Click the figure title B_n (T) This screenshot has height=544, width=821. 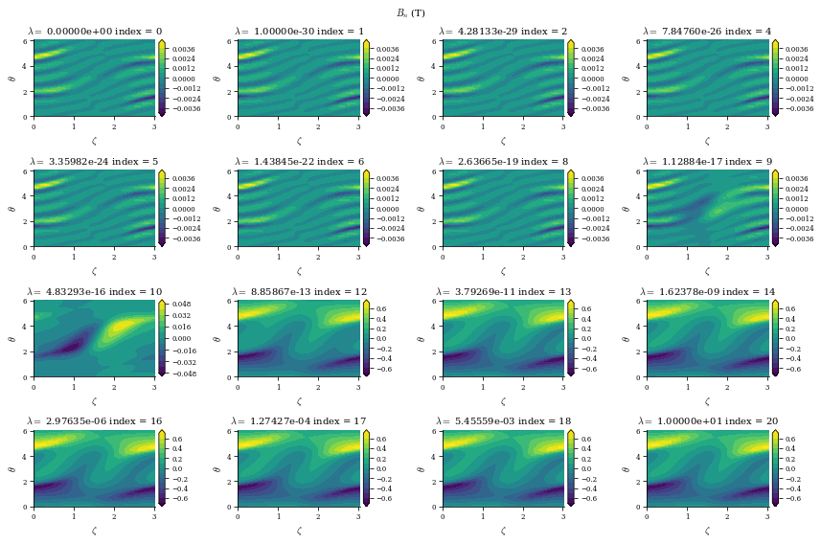(x=411, y=12)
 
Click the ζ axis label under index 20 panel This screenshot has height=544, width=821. (x=707, y=530)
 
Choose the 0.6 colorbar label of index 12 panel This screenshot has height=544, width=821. (x=379, y=309)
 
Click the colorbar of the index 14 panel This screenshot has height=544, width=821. (x=773, y=338)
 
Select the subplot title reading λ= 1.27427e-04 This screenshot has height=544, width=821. (x=299, y=421)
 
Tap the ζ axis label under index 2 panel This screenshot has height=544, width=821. (x=503, y=140)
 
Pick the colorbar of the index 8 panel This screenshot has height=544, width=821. (x=569, y=208)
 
